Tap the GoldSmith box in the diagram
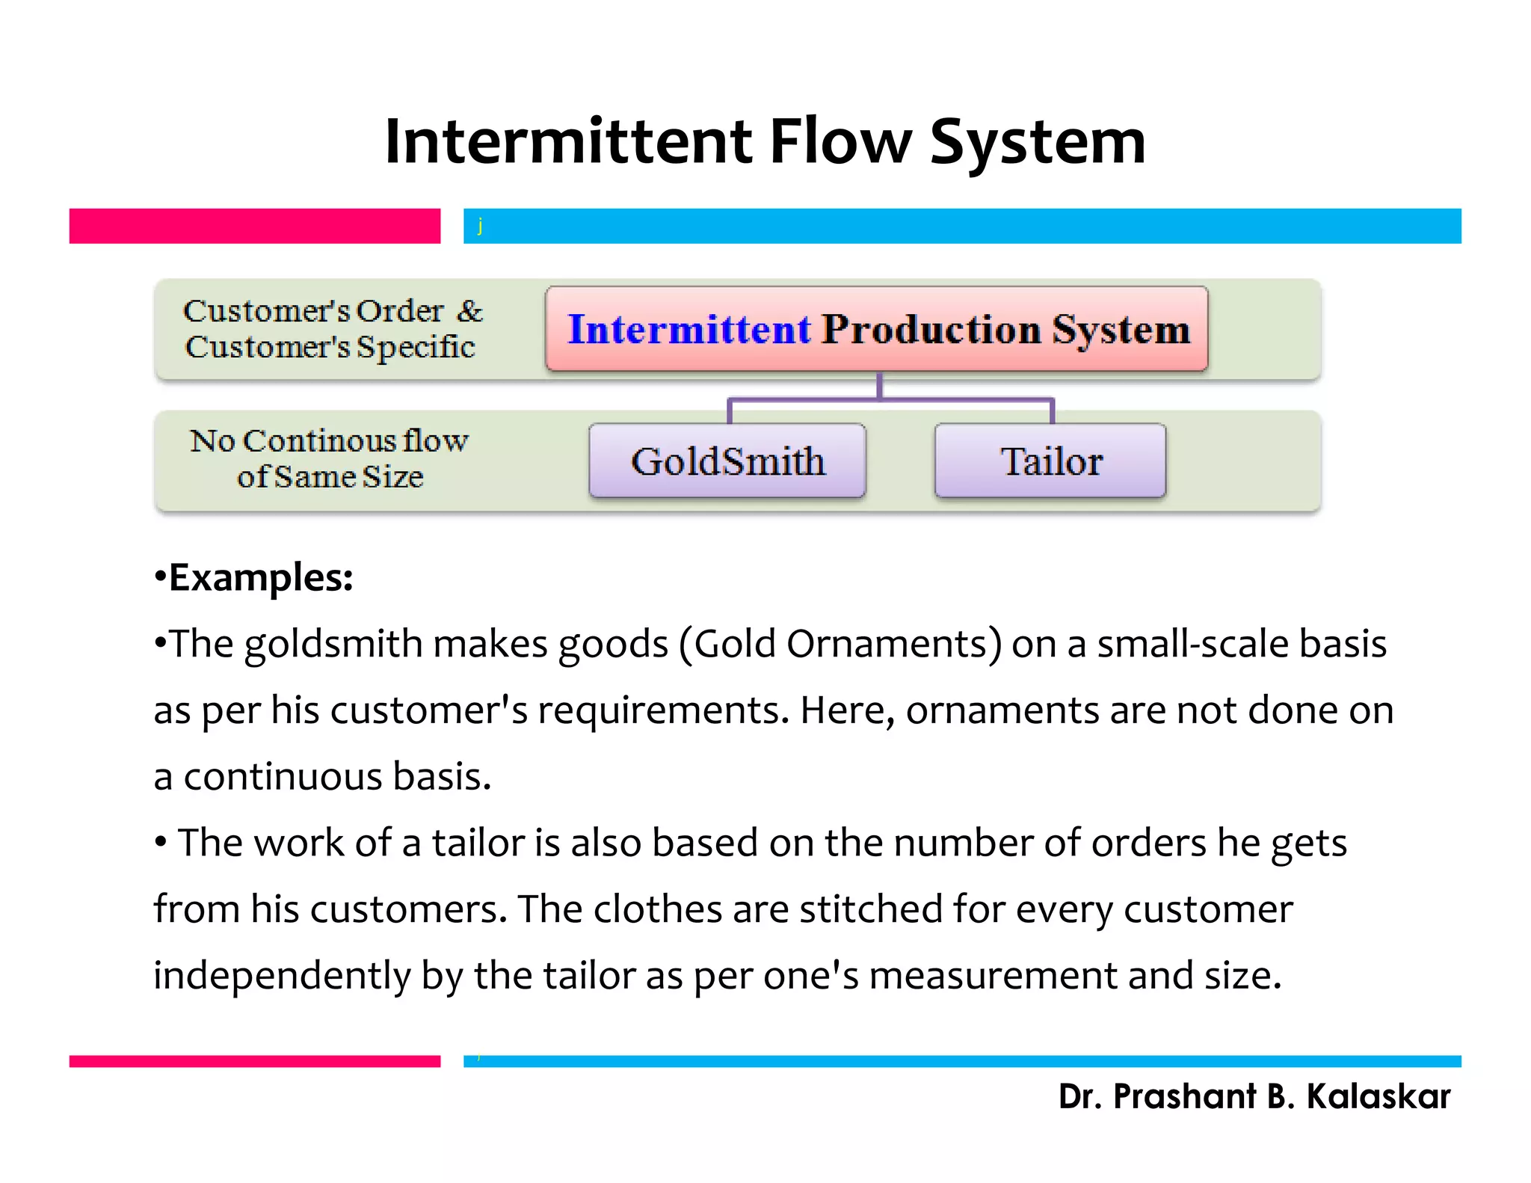coord(727,461)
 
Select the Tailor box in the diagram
coord(1050,461)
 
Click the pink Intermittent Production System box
coord(876,329)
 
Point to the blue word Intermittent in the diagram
coord(689,329)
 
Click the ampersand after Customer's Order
coord(469,310)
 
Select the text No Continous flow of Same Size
coord(329,458)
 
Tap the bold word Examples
coord(260,577)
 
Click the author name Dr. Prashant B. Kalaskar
coord(1254,1096)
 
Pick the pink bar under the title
coord(254,226)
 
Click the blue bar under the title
coord(961,226)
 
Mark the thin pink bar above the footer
coord(254,1061)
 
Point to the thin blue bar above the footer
coord(961,1061)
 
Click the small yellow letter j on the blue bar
coord(480,225)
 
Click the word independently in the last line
coord(282,975)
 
